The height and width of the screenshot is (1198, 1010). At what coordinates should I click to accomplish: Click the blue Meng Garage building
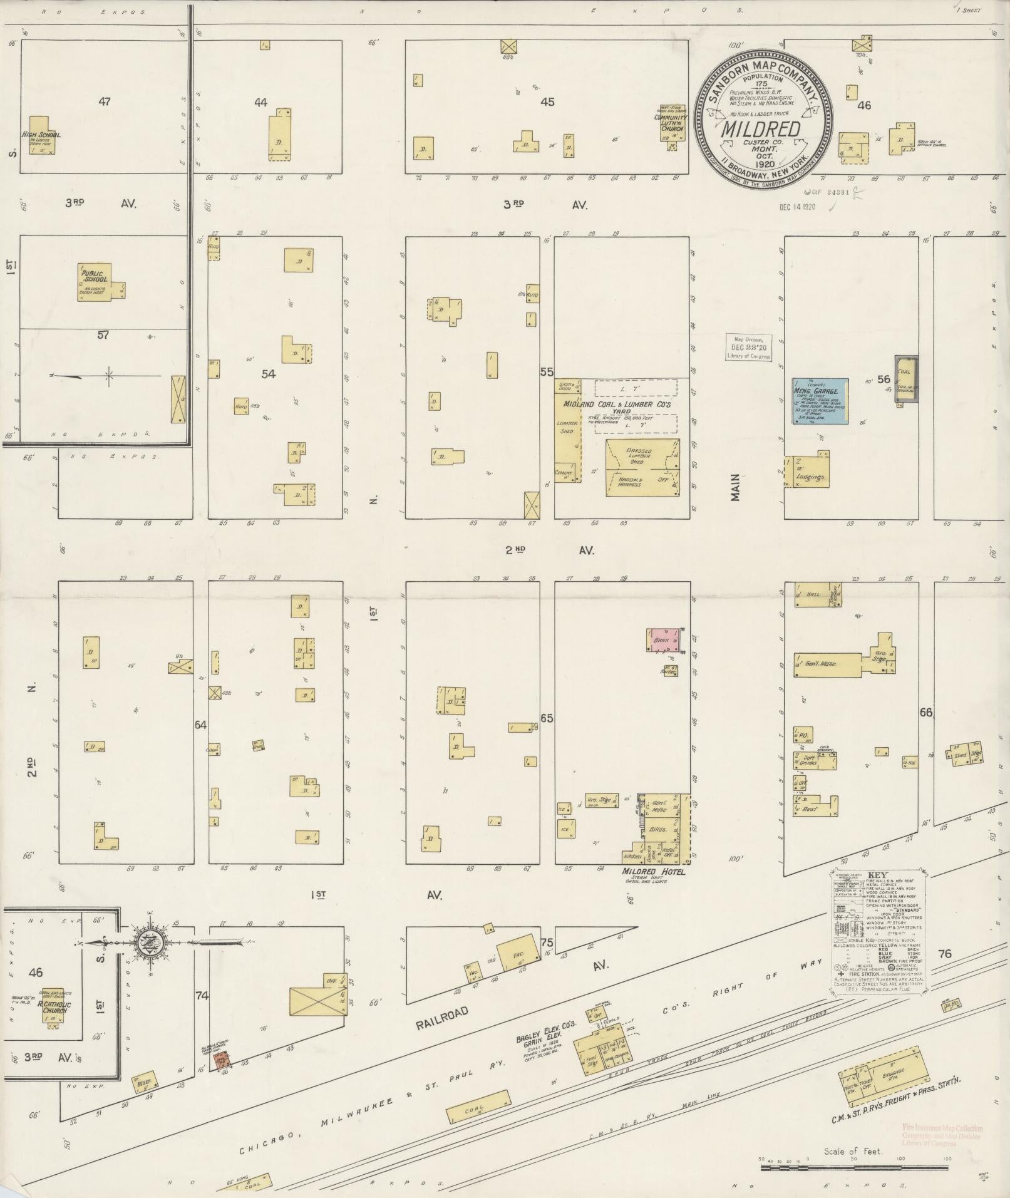coord(820,401)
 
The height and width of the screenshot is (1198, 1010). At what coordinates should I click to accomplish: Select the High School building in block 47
coord(43,135)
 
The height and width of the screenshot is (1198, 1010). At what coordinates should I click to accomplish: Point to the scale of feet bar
coord(855,1168)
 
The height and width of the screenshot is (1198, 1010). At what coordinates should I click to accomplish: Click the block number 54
coord(268,374)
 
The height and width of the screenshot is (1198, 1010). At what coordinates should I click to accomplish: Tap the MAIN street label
coord(735,487)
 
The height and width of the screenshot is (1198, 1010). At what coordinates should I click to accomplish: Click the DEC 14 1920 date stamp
coord(798,207)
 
